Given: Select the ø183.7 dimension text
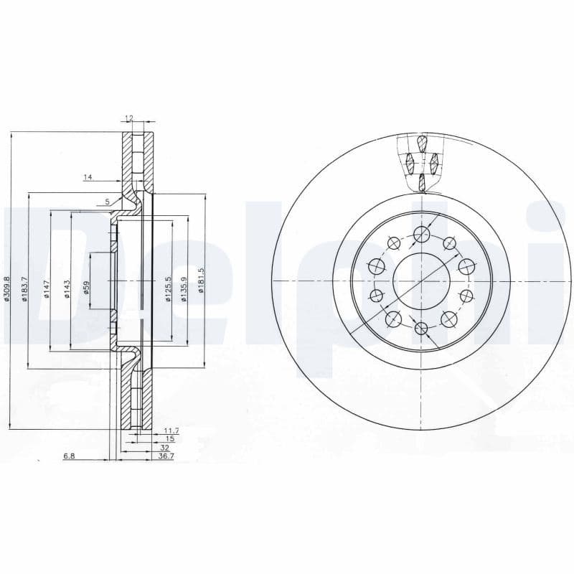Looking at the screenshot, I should [24, 288].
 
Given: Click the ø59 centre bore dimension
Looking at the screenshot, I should [86, 288].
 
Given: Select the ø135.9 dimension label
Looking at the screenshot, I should [184, 289].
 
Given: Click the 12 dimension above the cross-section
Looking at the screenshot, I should [129, 118].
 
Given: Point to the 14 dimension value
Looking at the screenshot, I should [88, 177].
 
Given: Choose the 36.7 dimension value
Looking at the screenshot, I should [166, 456].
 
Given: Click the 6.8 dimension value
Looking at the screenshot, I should [69, 456].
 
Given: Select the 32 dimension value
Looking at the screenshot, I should [164, 447].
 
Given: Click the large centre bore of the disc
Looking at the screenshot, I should [421, 281].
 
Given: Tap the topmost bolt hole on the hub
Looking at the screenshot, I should [421, 233].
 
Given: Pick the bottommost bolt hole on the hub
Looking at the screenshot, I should [421, 329].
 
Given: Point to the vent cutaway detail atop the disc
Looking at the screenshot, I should [423, 162].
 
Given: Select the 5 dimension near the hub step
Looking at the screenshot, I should [108, 202].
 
